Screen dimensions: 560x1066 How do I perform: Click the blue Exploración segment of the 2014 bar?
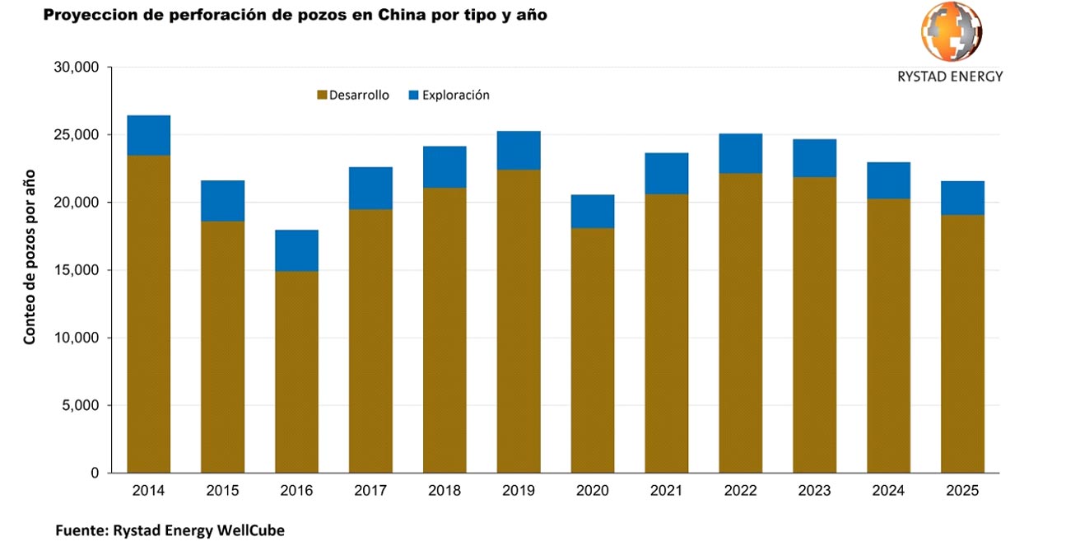pyautogui.click(x=148, y=135)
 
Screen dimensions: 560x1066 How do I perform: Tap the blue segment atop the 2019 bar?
pyautogui.click(x=519, y=150)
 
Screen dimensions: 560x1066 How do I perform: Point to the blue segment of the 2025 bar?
pyautogui.click(x=962, y=198)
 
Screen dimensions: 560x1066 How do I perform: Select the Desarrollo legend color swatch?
pyautogui.click(x=322, y=96)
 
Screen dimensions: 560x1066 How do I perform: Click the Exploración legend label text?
pyautogui.click(x=455, y=96)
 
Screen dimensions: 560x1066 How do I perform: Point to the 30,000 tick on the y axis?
pyautogui.click(x=76, y=68)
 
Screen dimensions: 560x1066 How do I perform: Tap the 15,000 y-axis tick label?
pyautogui.click(x=76, y=270)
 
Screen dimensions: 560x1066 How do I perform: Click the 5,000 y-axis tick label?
pyautogui.click(x=80, y=406)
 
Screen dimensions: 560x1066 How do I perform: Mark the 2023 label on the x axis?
pyautogui.click(x=814, y=491)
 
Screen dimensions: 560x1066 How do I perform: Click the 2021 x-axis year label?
pyautogui.click(x=666, y=491)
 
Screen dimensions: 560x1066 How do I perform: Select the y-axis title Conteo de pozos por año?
pyautogui.click(x=30, y=256)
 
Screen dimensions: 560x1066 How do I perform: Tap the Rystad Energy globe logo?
pyautogui.click(x=950, y=33)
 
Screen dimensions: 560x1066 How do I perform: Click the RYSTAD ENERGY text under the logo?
pyautogui.click(x=950, y=77)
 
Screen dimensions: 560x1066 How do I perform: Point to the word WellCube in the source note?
pyautogui.click(x=250, y=531)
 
